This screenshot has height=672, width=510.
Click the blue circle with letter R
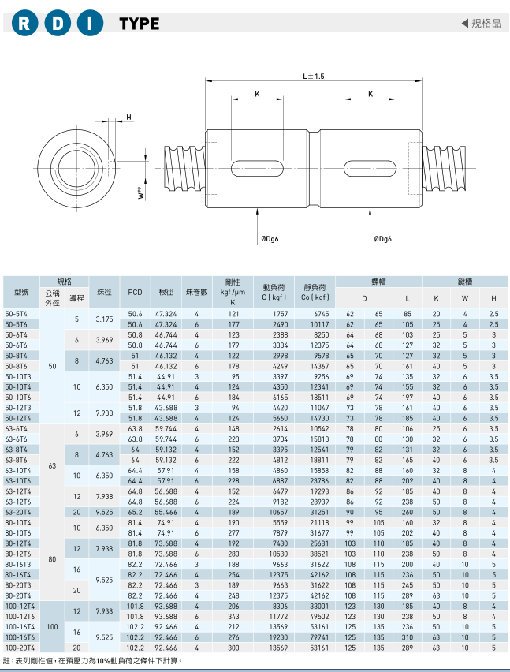point(24,23)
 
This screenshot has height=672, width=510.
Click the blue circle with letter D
point(57,23)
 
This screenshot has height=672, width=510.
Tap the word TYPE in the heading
point(140,24)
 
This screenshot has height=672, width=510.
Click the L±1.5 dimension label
point(314,77)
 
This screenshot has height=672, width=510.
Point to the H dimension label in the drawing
point(129,117)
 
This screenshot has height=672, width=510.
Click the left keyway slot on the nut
point(257,168)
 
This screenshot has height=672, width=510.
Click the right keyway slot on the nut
point(370,168)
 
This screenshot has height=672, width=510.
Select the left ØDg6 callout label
point(270,239)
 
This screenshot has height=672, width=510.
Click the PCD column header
point(135,293)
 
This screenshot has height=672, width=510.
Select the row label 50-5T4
point(16,314)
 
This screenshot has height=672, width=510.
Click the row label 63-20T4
point(17,512)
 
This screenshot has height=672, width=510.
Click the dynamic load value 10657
point(279,512)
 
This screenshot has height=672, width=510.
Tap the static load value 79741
point(319,637)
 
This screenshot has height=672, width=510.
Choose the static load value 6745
point(322,314)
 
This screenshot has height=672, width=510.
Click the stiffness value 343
point(233,617)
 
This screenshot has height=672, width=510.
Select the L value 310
point(408,637)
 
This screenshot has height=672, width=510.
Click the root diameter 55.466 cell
point(166,512)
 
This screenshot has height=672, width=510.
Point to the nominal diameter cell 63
point(52,466)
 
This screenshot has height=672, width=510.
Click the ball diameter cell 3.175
point(105,319)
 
